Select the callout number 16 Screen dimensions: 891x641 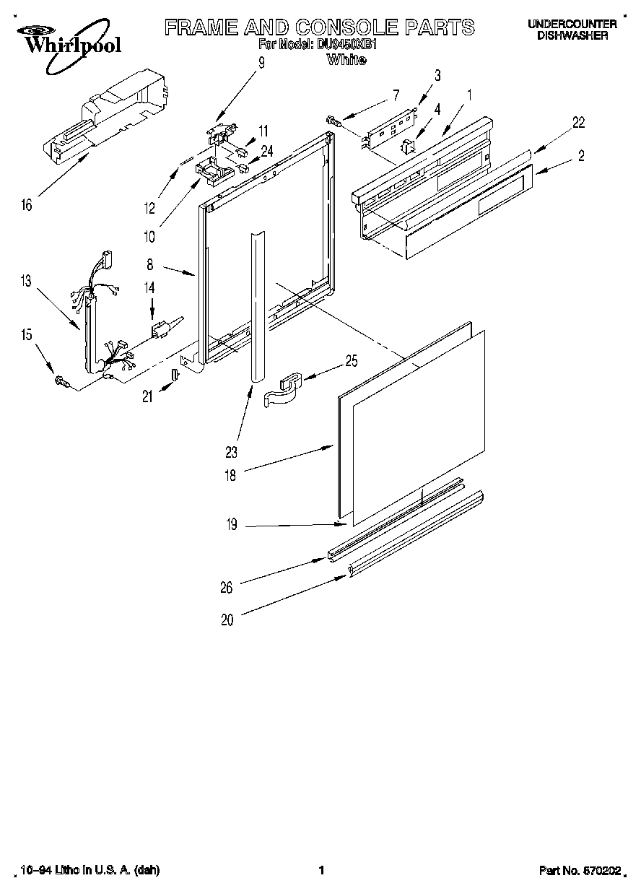(x=26, y=206)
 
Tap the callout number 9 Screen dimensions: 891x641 (x=261, y=63)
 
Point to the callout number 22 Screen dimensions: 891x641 (x=578, y=122)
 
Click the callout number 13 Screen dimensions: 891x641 (x=26, y=281)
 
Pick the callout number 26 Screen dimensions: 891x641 (x=226, y=587)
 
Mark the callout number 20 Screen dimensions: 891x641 (x=227, y=620)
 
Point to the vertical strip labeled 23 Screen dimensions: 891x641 (x=258, y=303)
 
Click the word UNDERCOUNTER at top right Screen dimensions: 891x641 (x=572, y=25)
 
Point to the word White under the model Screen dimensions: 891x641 (x=346, y=60)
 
